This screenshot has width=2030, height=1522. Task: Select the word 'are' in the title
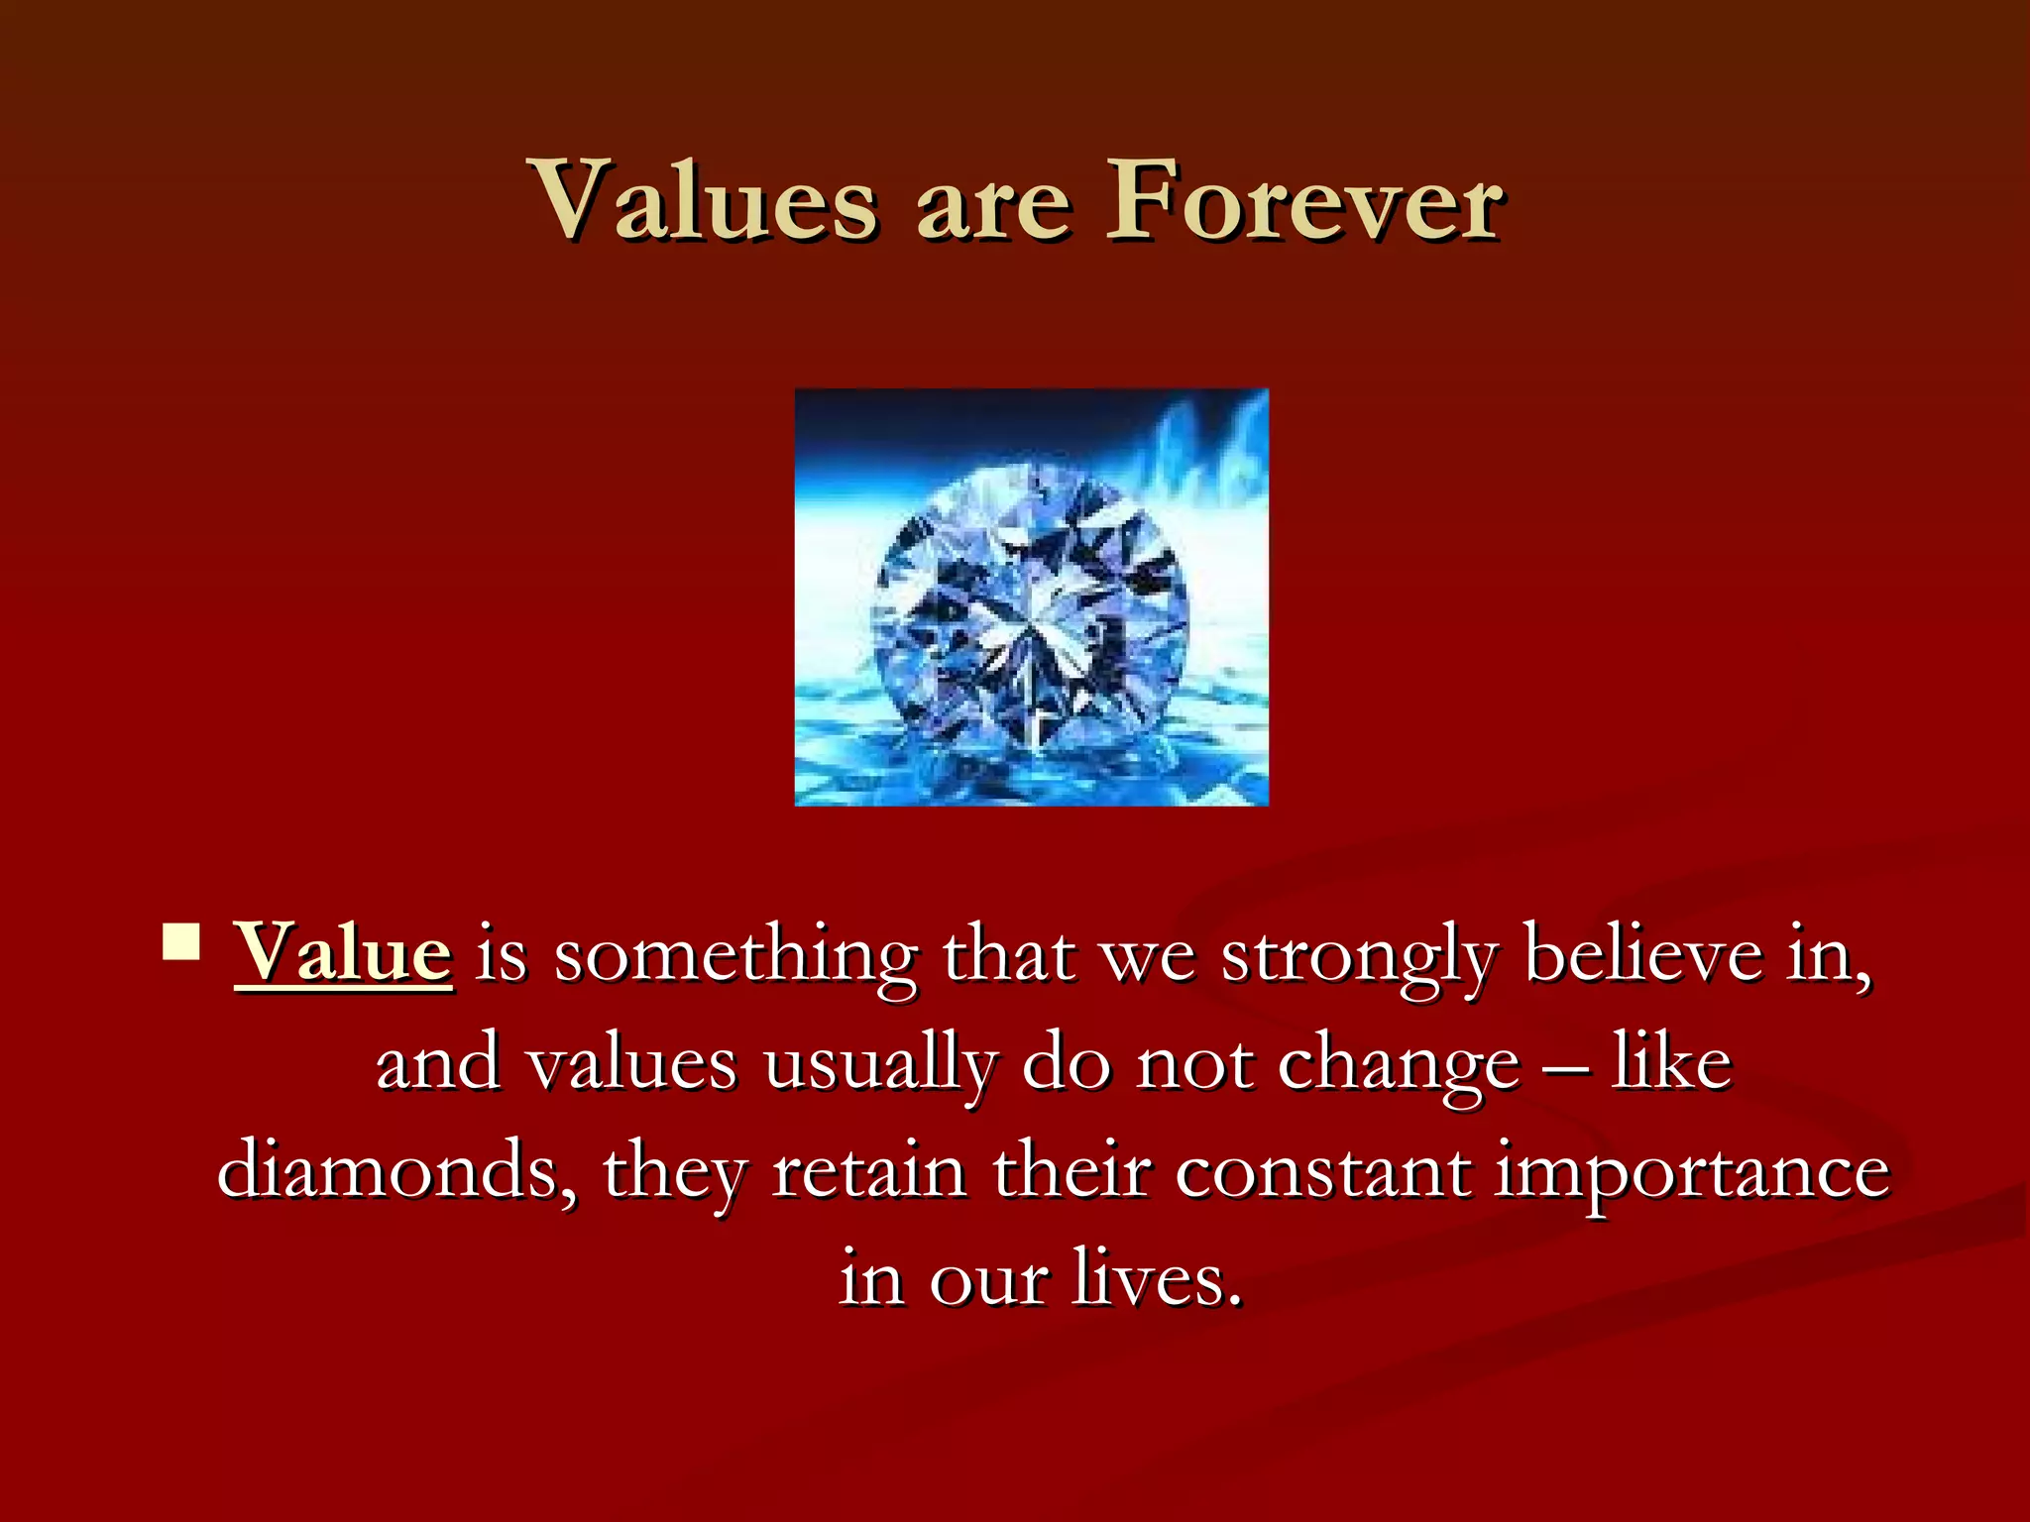(993, 208)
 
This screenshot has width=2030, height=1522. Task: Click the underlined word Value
(343, 954)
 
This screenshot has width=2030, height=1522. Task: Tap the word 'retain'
(869, 1171)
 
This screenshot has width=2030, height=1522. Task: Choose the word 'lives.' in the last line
(1157, 1278)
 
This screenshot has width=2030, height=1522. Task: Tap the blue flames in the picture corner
(1204, 446)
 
